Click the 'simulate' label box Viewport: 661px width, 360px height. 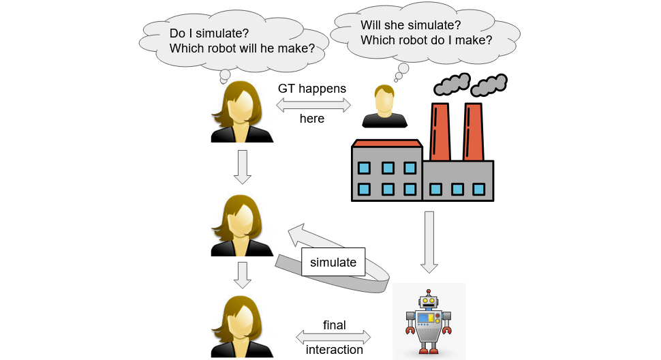coord(333,262)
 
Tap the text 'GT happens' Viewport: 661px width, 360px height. coord(312,89)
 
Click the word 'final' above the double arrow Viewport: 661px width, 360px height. coord(335,325)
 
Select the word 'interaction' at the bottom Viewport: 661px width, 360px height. coord(334,350)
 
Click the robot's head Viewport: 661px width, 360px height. coord(429,299)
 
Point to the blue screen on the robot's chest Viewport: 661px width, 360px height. coord(425,318)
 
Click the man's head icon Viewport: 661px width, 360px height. coord(385,100)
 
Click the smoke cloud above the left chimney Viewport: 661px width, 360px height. coord(452,84)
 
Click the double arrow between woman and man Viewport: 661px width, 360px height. coord(313,104)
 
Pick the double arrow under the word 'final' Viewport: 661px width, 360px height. coord(334,337)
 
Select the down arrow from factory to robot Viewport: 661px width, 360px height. coord(429,241)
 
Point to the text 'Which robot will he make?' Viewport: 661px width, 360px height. coord(242,48)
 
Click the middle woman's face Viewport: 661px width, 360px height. coord(242,220)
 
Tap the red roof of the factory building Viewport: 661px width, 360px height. coord(386,143)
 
